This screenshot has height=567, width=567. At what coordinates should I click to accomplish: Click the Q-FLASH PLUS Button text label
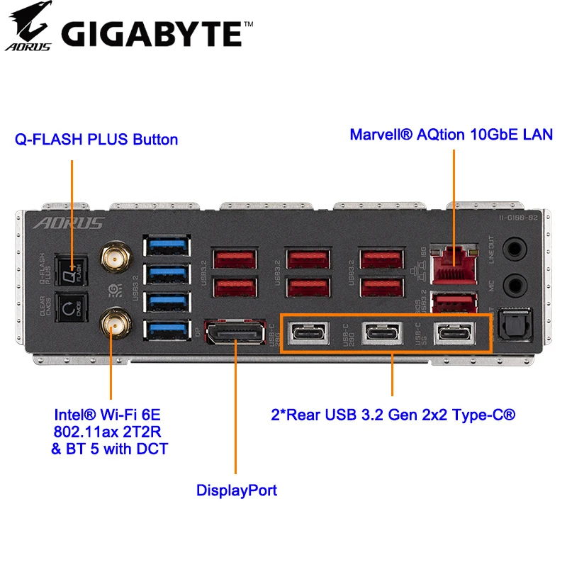click(x=96, y=139)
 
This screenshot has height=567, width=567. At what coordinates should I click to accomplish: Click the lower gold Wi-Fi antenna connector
click(x=111, y=324)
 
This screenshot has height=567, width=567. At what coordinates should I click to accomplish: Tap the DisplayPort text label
click(x=236, y=490)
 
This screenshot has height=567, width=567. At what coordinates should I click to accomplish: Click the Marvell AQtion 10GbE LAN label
click(x=451, y=134)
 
